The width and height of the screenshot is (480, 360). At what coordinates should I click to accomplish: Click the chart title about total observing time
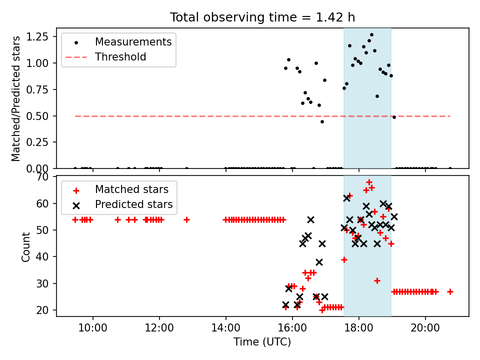[262, 17]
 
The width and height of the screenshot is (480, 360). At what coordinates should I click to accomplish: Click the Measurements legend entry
[133, 42]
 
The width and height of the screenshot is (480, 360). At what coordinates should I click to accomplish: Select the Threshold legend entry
[120, 57]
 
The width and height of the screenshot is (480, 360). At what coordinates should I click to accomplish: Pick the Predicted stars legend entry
[134, 204]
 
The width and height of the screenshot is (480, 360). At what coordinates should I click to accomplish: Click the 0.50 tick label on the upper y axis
[42, 116]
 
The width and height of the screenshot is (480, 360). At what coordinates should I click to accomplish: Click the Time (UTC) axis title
[262, 342]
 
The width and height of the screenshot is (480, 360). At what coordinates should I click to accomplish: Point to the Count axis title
[26, 246]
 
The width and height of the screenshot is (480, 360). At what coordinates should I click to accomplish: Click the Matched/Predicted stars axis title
[16, 98]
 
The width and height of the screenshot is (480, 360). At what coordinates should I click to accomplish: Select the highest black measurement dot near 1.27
[371, 35]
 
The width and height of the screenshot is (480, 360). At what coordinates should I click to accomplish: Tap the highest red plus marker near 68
[369, 182]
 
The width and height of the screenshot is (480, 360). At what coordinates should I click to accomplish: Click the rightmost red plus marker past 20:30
[450, 291]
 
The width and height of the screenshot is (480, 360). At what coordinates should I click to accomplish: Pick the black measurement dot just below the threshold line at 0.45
[322, 121]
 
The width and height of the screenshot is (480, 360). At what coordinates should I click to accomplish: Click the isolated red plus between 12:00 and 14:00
[186, 219]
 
